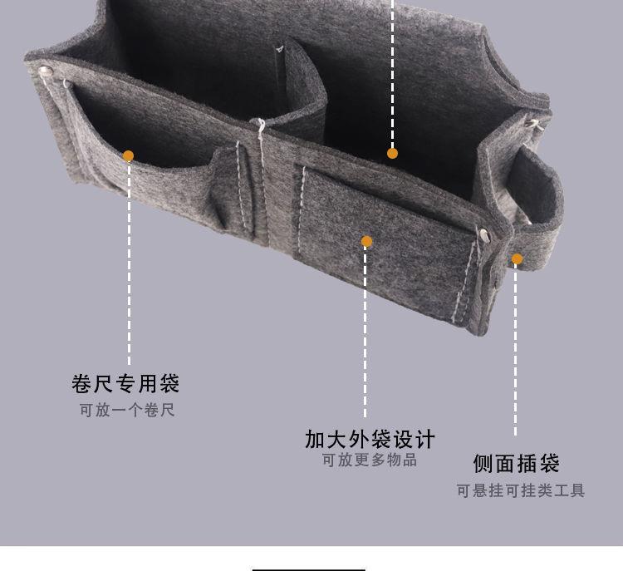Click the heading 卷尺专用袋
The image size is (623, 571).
click(125, 384)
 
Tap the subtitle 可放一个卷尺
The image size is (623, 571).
click(127, 411)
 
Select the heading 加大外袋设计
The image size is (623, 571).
click(370, 438)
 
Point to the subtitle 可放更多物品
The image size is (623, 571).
click(370, 460)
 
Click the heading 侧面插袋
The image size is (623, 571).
click(517, 463)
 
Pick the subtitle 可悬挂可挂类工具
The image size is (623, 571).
click(520, 490)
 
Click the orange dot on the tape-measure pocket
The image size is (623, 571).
click(128, 155)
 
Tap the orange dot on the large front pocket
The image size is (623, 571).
click(366, 242)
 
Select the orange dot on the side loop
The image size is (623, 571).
click(517, 259)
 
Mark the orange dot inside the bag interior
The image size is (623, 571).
click(392, 153)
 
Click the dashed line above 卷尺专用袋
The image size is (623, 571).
click(129, 266)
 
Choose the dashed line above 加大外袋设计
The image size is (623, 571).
click(365, 332)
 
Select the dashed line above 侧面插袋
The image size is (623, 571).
click(516, 349)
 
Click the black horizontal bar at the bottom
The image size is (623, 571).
click(308, 569)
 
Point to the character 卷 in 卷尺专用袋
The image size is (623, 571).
click(81, 384)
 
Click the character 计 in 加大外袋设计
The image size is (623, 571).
click(424, 438)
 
